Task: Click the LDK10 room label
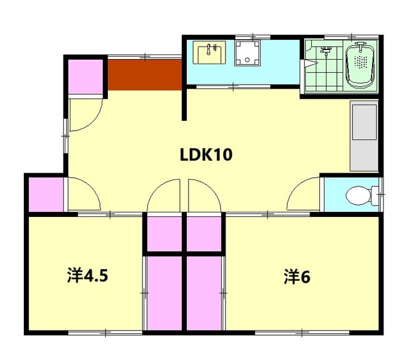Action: click(x=206, y=155)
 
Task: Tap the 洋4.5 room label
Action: click(x=87, y=275)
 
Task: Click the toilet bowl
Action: click(x=358, y=195)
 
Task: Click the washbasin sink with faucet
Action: click(x=209, y=52)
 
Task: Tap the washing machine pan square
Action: click(x=247, y=53)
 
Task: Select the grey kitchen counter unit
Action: click(x=364, y=136)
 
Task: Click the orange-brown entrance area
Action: click(x=145, y=75)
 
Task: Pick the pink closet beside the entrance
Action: click(x=86, y=77)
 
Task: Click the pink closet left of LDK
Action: click(x=46, y=194)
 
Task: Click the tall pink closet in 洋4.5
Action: click(x=164, y=293)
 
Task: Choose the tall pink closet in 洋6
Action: click(x=204, y=293)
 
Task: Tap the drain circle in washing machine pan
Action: click(x=247, y=60)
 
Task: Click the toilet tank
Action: click(x=374, y=195)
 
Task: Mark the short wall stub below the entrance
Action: click(x=184, y=104)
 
